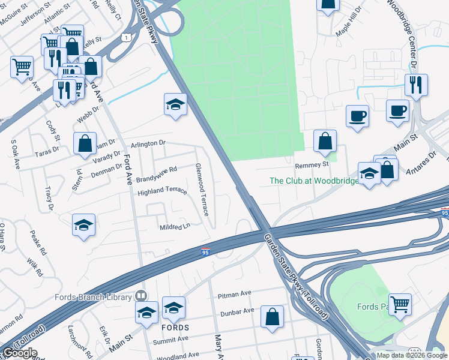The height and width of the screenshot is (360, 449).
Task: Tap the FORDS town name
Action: point(175,328)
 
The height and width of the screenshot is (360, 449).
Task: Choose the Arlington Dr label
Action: point(148,143)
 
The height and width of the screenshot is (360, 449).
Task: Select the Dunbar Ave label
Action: point(237,311)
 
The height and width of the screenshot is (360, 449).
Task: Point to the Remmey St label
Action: point(312,164)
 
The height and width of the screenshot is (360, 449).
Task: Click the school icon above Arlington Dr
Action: point(175,105)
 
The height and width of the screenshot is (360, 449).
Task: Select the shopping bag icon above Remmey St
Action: point(325,141)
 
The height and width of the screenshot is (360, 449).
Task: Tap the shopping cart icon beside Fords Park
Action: point(400,304)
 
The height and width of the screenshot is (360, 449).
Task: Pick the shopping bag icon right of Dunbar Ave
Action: point(273,317)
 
